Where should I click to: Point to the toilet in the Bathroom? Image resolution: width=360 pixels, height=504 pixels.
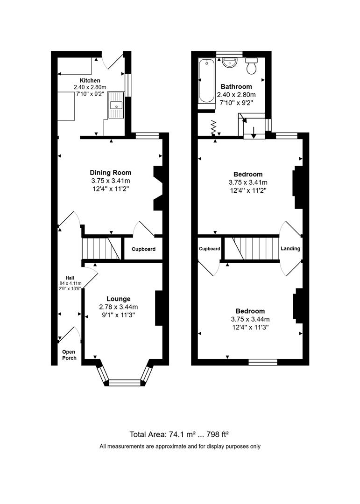(252, 67)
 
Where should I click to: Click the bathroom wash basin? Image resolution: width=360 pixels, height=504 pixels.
(229, 62)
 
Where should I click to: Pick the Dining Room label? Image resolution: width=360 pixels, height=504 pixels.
(110, 173)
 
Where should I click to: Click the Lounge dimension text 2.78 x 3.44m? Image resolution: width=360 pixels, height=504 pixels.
(118, 307)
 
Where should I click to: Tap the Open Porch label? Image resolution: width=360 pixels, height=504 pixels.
(69, 355)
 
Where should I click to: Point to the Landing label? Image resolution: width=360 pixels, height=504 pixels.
(290, 249)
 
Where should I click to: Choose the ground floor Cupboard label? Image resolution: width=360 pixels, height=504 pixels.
(143, 249)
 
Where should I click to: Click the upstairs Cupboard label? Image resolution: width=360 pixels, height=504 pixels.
(209, 249)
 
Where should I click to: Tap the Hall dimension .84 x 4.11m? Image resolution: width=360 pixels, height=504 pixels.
(70, 283)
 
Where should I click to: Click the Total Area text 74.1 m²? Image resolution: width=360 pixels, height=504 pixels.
(179, 434)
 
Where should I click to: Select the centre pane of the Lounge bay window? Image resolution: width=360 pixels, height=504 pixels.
(124, 383)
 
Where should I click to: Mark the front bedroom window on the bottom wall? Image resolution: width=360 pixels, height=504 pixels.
(263, 361)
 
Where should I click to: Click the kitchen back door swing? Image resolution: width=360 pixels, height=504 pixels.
(112, 62)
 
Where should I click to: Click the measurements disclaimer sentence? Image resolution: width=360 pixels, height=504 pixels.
(180, 447)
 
